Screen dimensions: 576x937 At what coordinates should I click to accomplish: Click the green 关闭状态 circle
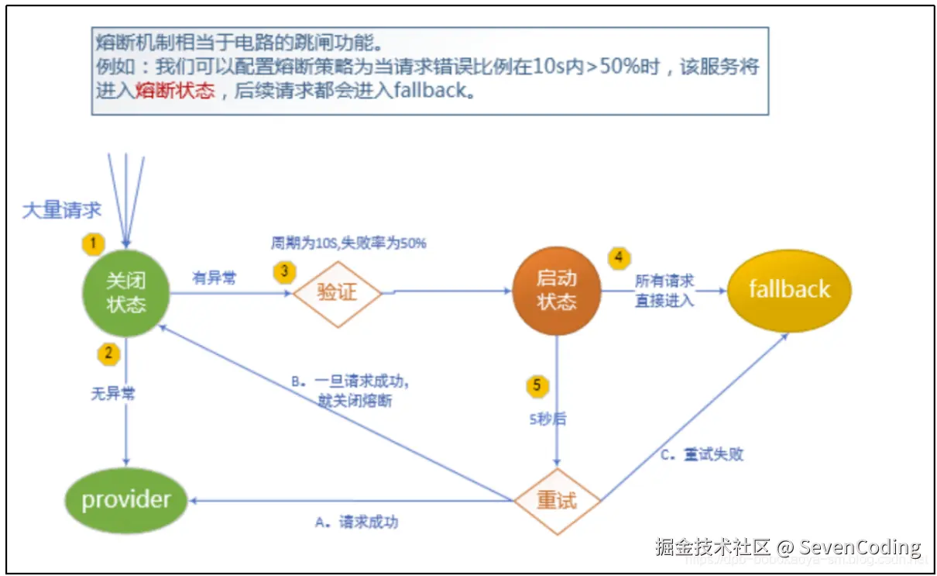click(126, 294)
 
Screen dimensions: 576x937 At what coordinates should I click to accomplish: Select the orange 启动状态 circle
click(556, 291)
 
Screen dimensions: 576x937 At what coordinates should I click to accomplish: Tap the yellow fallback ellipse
click(788, 290)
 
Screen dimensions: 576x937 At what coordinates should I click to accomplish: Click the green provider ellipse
click(125, 499)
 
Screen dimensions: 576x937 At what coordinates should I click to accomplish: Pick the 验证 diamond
click(337, 294)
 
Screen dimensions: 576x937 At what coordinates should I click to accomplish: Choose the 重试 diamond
click(557, 501)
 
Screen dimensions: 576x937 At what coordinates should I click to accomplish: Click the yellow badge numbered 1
click(93, 243)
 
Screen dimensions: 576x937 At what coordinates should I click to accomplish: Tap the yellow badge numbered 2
click(108, 354)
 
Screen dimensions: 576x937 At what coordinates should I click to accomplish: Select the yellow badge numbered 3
click(284, 271)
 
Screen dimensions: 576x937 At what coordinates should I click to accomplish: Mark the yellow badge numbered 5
click(537, 385)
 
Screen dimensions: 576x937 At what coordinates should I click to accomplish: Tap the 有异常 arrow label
click(214, 278)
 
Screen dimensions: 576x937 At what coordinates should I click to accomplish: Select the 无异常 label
click(113, 394)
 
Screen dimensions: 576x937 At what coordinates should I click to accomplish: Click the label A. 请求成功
click(357, 523)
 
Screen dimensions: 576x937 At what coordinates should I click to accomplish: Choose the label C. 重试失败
click(702, 454)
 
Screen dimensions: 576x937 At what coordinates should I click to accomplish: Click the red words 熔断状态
click(175, 91)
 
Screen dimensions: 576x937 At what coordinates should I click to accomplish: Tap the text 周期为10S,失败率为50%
click(348, 243)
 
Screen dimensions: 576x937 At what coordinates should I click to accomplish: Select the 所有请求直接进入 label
click(664, 291)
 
